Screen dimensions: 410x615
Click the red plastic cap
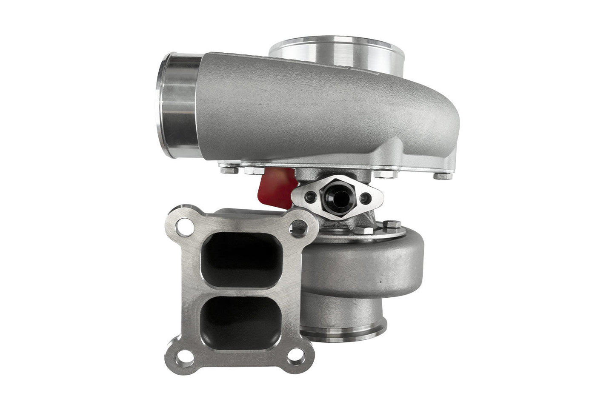pos(277,187)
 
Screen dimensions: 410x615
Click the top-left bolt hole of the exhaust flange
pos(184,224)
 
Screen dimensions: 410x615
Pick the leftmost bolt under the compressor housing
pos(225,170)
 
